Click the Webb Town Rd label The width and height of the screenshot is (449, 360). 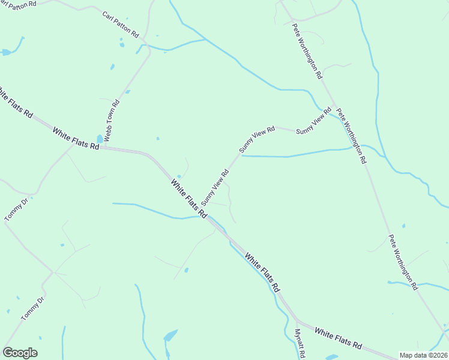pyautogui.click(x=112, y=121)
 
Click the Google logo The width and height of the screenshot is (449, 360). pyautogui.click(x=20, y=353)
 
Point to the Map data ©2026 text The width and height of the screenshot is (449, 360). pyautogui.click(x=423, y=355)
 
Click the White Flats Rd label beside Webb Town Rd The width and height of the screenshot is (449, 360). pyautogui.click(x=75, y=139)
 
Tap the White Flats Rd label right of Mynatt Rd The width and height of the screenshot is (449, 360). pyautogui.click(x=338, y=339)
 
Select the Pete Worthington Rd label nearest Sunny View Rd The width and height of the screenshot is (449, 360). pyautogui.click(x=351, y=136)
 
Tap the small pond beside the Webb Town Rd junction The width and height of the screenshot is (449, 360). pyautogui.click(x=100, y=139)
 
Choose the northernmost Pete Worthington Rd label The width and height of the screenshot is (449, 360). pyautogui.click(x=307, y=51)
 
